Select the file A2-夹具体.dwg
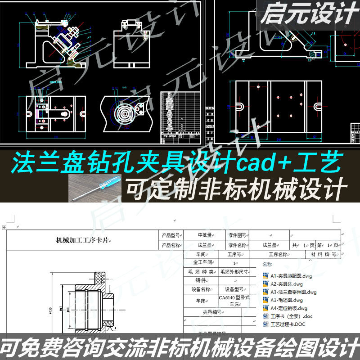coord(287,283)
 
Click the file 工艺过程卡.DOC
coord(288,324)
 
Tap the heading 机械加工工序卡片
coord(82,241)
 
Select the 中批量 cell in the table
coord(207,235)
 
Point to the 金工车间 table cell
coord(202,262)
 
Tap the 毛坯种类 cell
coord(199,271)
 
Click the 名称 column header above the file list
coord(267,265)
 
